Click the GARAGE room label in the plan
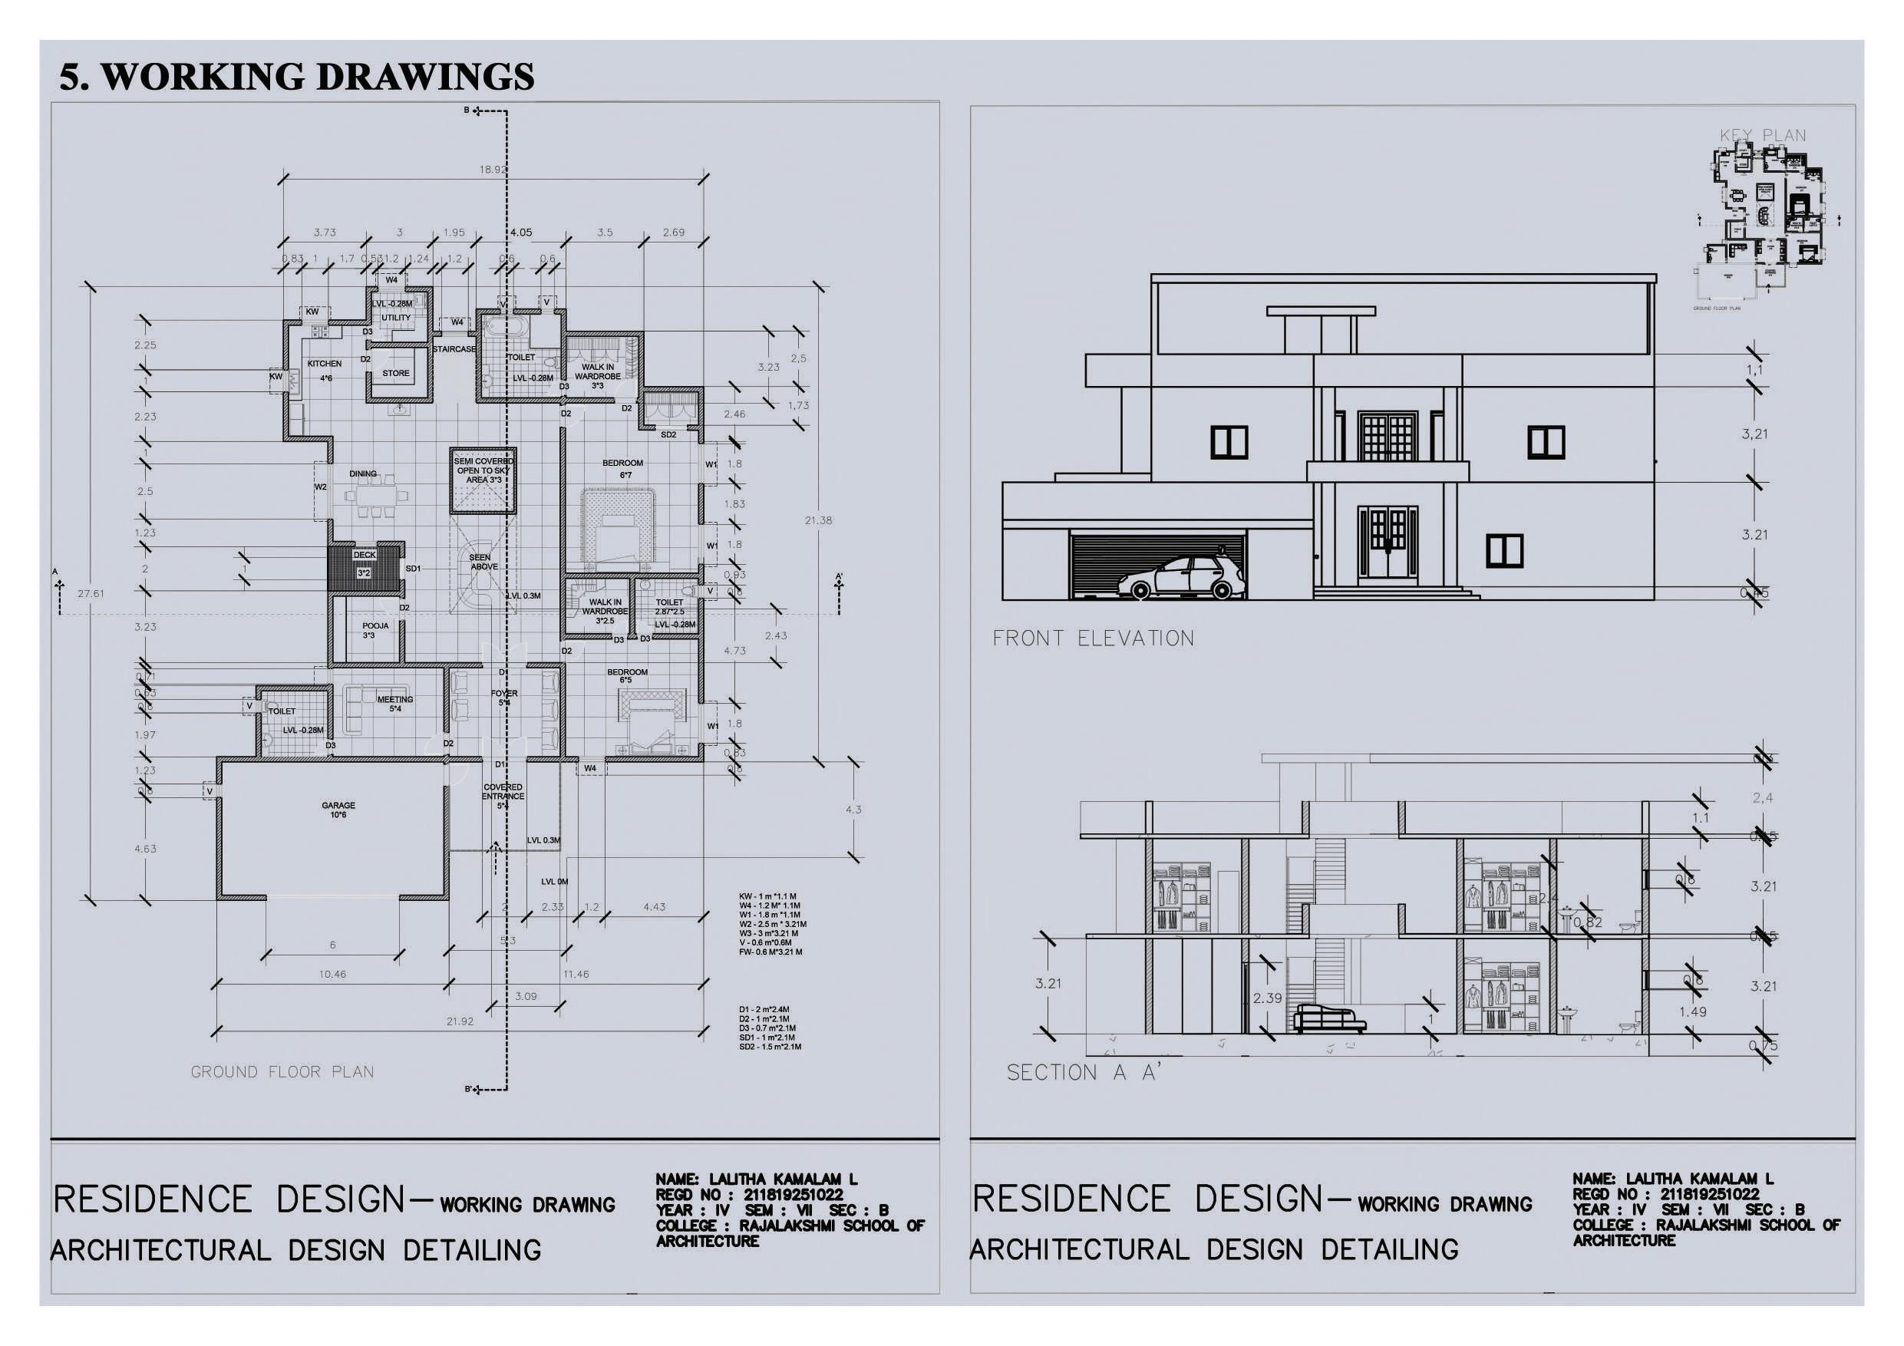[338, 805]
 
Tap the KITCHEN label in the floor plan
[325, 364]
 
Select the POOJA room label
[375, 626]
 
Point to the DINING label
[363, 474]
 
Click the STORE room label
[395, 373]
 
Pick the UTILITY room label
[395, 318]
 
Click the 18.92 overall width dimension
[493, 169]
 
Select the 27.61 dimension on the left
[91, 594]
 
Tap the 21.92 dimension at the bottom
[460, 1021]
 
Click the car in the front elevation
[1180, 577]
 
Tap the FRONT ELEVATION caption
[1093, 638]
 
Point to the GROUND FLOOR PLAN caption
[282, 1071]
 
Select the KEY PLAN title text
[1762, 135]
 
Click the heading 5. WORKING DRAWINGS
[297, 76]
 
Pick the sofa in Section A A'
[1329, 1018]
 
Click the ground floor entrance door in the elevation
[1388, 543]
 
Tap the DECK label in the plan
[364, 555]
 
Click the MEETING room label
[394, 700]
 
